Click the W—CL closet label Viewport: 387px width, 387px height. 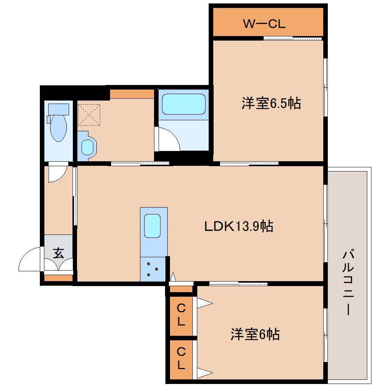click(x=264, y=24)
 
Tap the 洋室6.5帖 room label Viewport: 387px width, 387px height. click(x=271, y=103)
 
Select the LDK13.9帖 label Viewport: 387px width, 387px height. click(x=239, y=226)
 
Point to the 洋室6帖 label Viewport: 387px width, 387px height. click(x=255, y=334)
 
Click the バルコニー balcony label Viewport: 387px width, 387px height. click(x=348, y=283)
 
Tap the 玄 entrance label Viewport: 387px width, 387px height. click(x=58, y=253)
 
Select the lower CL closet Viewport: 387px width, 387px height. click(x=181, y=359)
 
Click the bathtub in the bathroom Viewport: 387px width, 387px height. click(x=184, y=104)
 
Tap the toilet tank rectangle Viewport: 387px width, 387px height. click(x=58, y=109)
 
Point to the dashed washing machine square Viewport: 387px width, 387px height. click(x=89, y=115)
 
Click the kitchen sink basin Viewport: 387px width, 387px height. click(x=152, y=226)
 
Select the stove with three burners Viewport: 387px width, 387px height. click(x=153, y=269)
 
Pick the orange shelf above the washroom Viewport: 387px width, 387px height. click(x=132, y=94)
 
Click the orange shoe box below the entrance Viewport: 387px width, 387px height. click(x=58, y=278)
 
